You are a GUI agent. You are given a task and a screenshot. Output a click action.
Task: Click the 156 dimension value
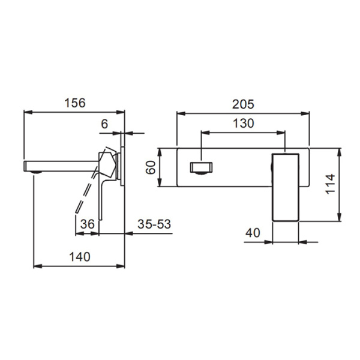tap(75, 103)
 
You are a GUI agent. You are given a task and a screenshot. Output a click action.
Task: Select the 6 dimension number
tap(104, 124)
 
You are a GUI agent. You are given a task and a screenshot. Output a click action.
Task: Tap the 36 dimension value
tap(88, 223)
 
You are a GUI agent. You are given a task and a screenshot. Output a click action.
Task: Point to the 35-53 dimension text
tap(155, 223)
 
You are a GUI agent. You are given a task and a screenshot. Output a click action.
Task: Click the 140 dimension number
tap(78, 257)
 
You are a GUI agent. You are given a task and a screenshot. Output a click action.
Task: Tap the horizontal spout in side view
tap(60, 164)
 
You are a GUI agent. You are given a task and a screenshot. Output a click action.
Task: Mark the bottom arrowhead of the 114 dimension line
tap(341, 219)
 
